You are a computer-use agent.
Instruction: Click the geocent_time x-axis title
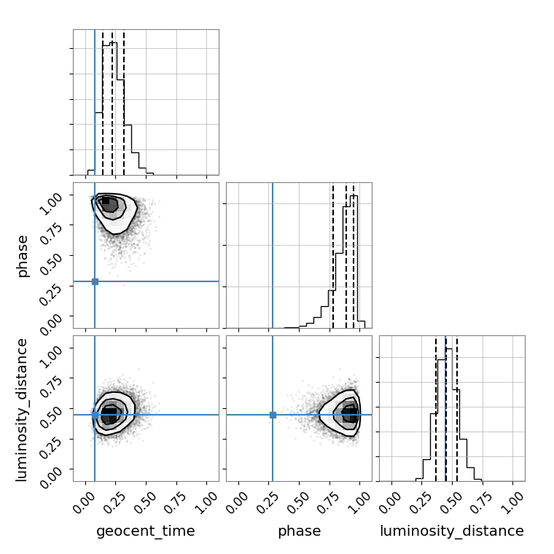coord(146,531)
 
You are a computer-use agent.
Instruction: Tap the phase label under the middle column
coord(300,531)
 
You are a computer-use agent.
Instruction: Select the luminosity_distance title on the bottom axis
coord(452,531)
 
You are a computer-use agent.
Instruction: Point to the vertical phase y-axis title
coord(23,256)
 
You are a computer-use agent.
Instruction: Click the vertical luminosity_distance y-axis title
coord(22,410)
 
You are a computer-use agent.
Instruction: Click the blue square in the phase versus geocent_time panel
coord(95,281)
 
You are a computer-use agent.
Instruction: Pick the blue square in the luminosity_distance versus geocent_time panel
coord(95,415)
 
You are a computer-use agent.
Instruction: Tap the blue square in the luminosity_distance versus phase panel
coord(273,415)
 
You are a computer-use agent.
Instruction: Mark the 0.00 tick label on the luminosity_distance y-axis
coord(50,477)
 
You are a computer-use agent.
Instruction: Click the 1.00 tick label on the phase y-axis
coord(50,203)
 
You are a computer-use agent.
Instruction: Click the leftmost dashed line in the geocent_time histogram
coord(103,103)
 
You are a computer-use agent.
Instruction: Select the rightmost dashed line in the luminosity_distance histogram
coord(457,408)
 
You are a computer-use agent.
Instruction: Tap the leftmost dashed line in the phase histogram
coord(333,255)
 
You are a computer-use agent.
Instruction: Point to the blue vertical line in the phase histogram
coord(273,255)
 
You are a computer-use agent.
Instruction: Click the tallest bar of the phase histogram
coord(354,262)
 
